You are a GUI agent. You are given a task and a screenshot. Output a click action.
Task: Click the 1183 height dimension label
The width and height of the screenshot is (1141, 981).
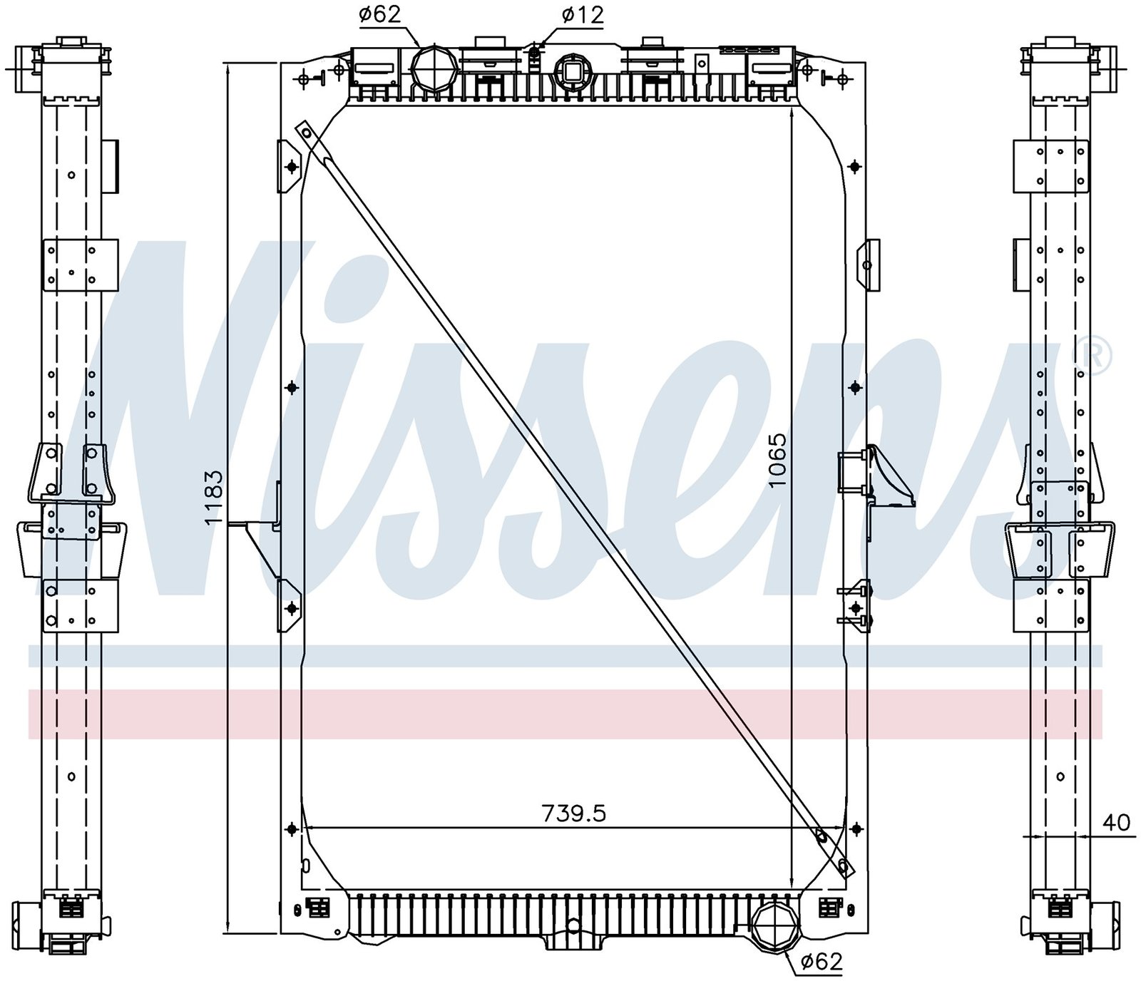tap(214, 498)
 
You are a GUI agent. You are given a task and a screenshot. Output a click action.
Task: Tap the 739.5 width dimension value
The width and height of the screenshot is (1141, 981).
tap(574, 813)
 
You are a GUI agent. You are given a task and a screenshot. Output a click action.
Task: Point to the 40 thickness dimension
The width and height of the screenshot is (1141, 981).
tap(1117, 822)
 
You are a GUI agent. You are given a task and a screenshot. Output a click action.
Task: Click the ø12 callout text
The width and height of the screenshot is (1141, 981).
tap(583, 14)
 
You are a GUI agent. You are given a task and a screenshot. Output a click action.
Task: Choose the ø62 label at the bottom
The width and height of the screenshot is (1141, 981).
tap(822, 962)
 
